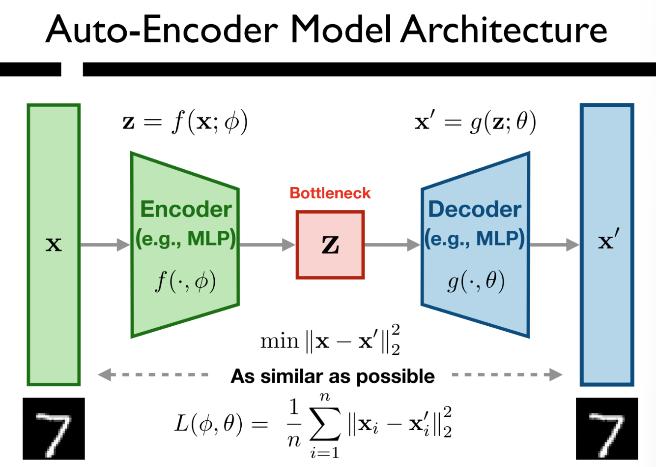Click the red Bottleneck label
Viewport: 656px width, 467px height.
click(x=330, y=193)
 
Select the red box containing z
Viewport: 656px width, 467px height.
click(x=330, y=245)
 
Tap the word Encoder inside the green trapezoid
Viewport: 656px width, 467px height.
click(x=186, y=210)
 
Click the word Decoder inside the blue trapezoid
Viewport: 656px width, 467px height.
click(x=475, y=210)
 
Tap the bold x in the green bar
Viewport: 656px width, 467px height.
click(x=54, y=244)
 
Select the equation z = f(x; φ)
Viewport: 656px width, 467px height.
click(x=185, y=122)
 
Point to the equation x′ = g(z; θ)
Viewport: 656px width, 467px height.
click(x=475, y=122)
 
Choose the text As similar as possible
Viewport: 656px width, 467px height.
click(x=333, y=376)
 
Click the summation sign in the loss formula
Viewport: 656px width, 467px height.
click(x=324, y=424)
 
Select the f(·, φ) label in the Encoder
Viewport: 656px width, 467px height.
click(x=186, y=282)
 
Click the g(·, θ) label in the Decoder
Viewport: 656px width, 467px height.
click(x=476, y=282)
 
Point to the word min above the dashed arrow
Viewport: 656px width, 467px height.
click(x=279, y=341)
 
